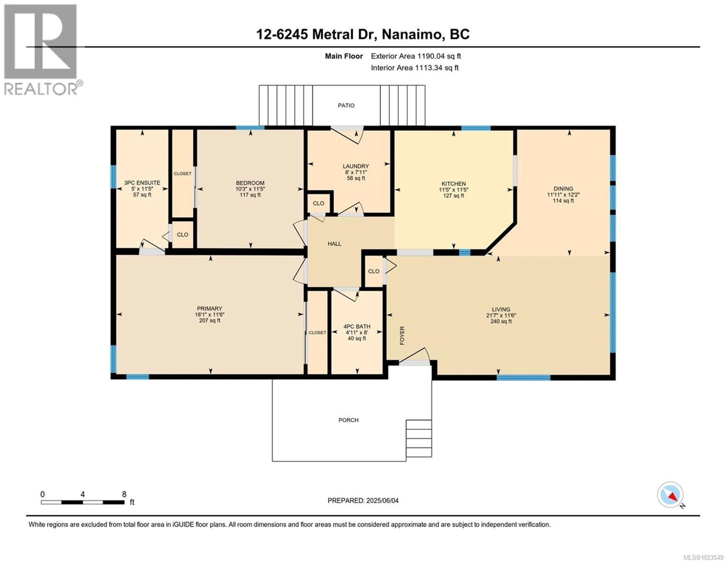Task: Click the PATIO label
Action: pyautogui.click(x=346, y=106)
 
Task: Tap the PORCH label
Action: pyautogui.click(x=348, y=420)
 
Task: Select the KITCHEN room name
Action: pyautogui.click(x=453, y=184)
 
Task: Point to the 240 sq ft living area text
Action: pyautogui.click(x=501, y=321)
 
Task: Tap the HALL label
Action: pyautogui.click(x=334, y=244)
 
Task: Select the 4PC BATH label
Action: pyautogui.click(x=357, y=327)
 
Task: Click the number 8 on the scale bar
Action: pyautogui.click(x=124, y=494)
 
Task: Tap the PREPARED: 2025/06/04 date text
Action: pyautogui.click(x=363, y=500)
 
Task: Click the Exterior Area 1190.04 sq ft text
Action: pyautogui.click(x=416, y=56)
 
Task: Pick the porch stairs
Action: pyautogui.click(x=419, y=438)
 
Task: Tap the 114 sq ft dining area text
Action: pyautogui.click(x=563, y=201)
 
